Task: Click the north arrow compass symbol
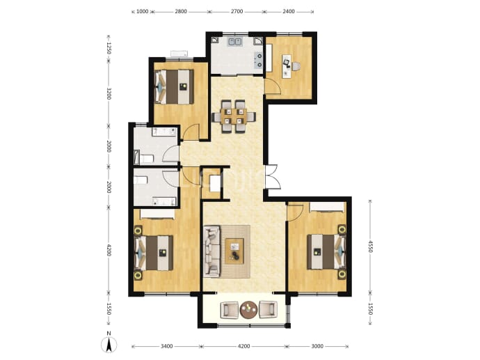109,343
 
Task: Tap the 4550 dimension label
370,246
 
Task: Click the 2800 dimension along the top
181,12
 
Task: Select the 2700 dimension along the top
237,12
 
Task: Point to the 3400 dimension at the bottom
166,346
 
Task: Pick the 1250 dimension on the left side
109,48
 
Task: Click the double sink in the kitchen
235,42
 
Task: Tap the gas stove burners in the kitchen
259,60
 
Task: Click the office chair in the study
296,66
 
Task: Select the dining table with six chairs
234,116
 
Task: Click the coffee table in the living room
234,251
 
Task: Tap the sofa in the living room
212,251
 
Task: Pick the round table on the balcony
248,310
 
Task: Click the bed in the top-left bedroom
175,87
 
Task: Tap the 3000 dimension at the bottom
317,346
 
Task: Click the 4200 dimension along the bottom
243,346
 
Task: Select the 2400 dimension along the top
289,12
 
